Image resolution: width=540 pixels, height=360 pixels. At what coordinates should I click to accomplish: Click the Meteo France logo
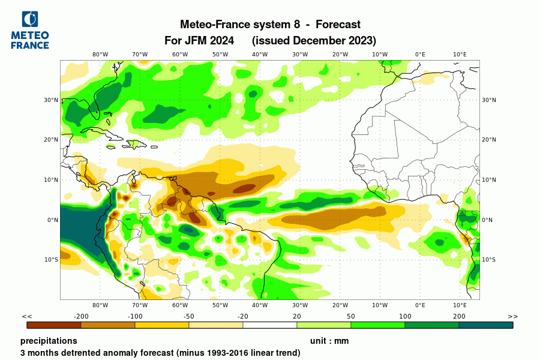30,30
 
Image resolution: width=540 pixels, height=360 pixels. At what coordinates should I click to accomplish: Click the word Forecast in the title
338,25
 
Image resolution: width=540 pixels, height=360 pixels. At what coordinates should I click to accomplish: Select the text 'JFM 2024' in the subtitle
214,41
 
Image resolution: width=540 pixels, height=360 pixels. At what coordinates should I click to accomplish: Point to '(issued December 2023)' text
314,41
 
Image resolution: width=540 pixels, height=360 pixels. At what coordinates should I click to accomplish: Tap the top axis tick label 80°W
100,55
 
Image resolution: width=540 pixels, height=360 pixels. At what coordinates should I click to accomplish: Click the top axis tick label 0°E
420,55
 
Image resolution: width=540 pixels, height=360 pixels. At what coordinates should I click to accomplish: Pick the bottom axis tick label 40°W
260,305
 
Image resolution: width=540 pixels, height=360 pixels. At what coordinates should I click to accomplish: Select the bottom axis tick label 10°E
460,305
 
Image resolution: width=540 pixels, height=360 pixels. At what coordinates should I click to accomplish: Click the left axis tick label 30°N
51,100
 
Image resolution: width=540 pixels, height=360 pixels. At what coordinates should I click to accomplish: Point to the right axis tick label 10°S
489,260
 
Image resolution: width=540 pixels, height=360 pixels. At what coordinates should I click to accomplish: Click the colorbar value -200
81,316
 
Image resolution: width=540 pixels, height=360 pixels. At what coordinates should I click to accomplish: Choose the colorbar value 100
405,316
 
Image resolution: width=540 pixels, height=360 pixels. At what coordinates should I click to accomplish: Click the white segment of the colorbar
270,325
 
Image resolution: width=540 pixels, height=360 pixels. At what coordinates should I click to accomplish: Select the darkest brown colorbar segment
54,325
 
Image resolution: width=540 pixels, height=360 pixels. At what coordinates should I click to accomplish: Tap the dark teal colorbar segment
486,325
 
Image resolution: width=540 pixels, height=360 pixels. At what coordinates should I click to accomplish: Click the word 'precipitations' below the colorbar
49,341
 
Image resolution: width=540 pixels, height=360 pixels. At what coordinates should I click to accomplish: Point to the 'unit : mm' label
329,341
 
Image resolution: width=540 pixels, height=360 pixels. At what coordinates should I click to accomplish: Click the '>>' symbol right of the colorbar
512,316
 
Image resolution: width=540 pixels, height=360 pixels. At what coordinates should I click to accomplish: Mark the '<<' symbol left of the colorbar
27,316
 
